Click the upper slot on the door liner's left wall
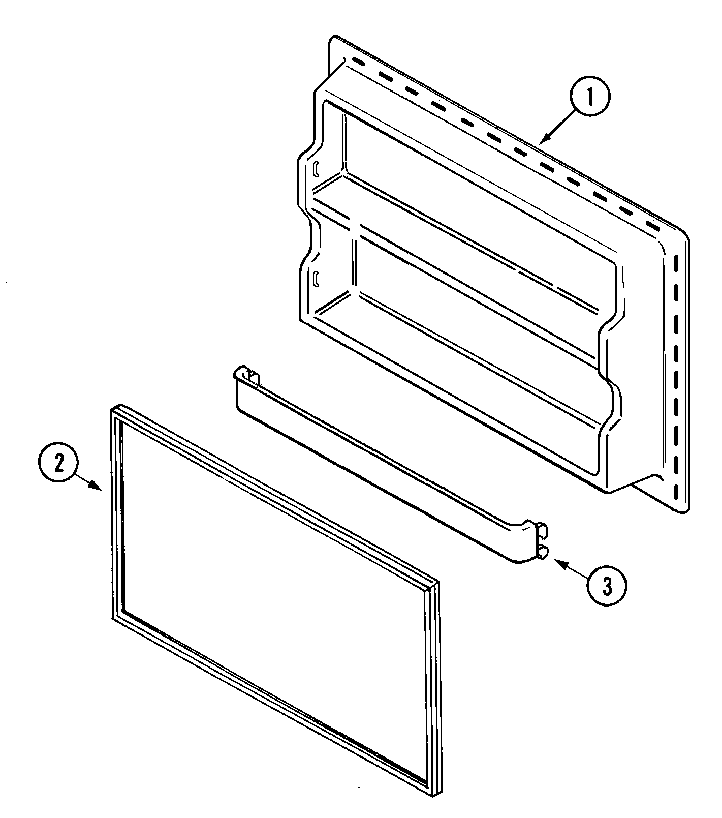click(x=316, y=168)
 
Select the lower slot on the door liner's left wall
click(x=316, y=278)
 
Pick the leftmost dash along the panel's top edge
click(x=359, y=64)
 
